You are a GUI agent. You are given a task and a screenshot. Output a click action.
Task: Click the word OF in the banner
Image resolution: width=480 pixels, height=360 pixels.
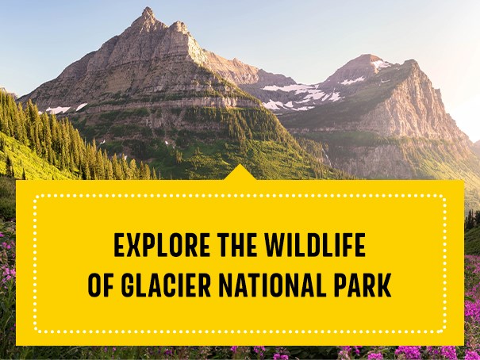tap(102, 286)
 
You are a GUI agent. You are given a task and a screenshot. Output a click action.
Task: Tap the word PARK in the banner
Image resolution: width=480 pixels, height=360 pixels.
tap(364, 286)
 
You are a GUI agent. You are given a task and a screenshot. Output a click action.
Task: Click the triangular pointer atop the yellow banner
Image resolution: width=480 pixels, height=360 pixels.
tap(240, 173)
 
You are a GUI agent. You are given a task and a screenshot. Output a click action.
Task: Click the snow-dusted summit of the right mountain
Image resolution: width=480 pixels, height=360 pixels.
tap(370, 60)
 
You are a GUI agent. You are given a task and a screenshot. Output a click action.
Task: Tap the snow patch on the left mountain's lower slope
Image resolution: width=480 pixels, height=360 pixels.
tap(58, 110)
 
